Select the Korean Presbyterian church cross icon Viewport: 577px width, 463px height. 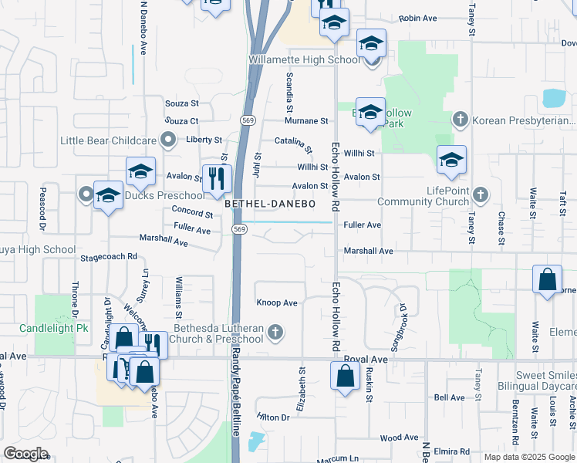[460, 119]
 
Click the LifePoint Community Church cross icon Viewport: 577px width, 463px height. [481, 193]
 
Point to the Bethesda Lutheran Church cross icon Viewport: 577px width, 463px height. [274, 333]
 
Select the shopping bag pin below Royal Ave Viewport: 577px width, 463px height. [345, 377]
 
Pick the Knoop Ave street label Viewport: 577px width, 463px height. [277, 303]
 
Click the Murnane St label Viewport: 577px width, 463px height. [306, 121]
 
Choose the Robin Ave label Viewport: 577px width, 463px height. [418, 18]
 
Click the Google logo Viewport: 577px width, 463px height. [26, 454]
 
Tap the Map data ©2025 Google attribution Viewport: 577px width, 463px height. [528, 457]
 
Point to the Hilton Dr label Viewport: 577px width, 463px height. [273, 417]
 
